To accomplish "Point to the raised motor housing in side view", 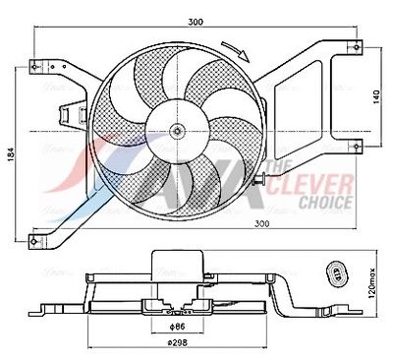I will [179, 263].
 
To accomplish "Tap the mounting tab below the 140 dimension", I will [353, 149].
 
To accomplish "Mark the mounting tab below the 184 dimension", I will [39, 236].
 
